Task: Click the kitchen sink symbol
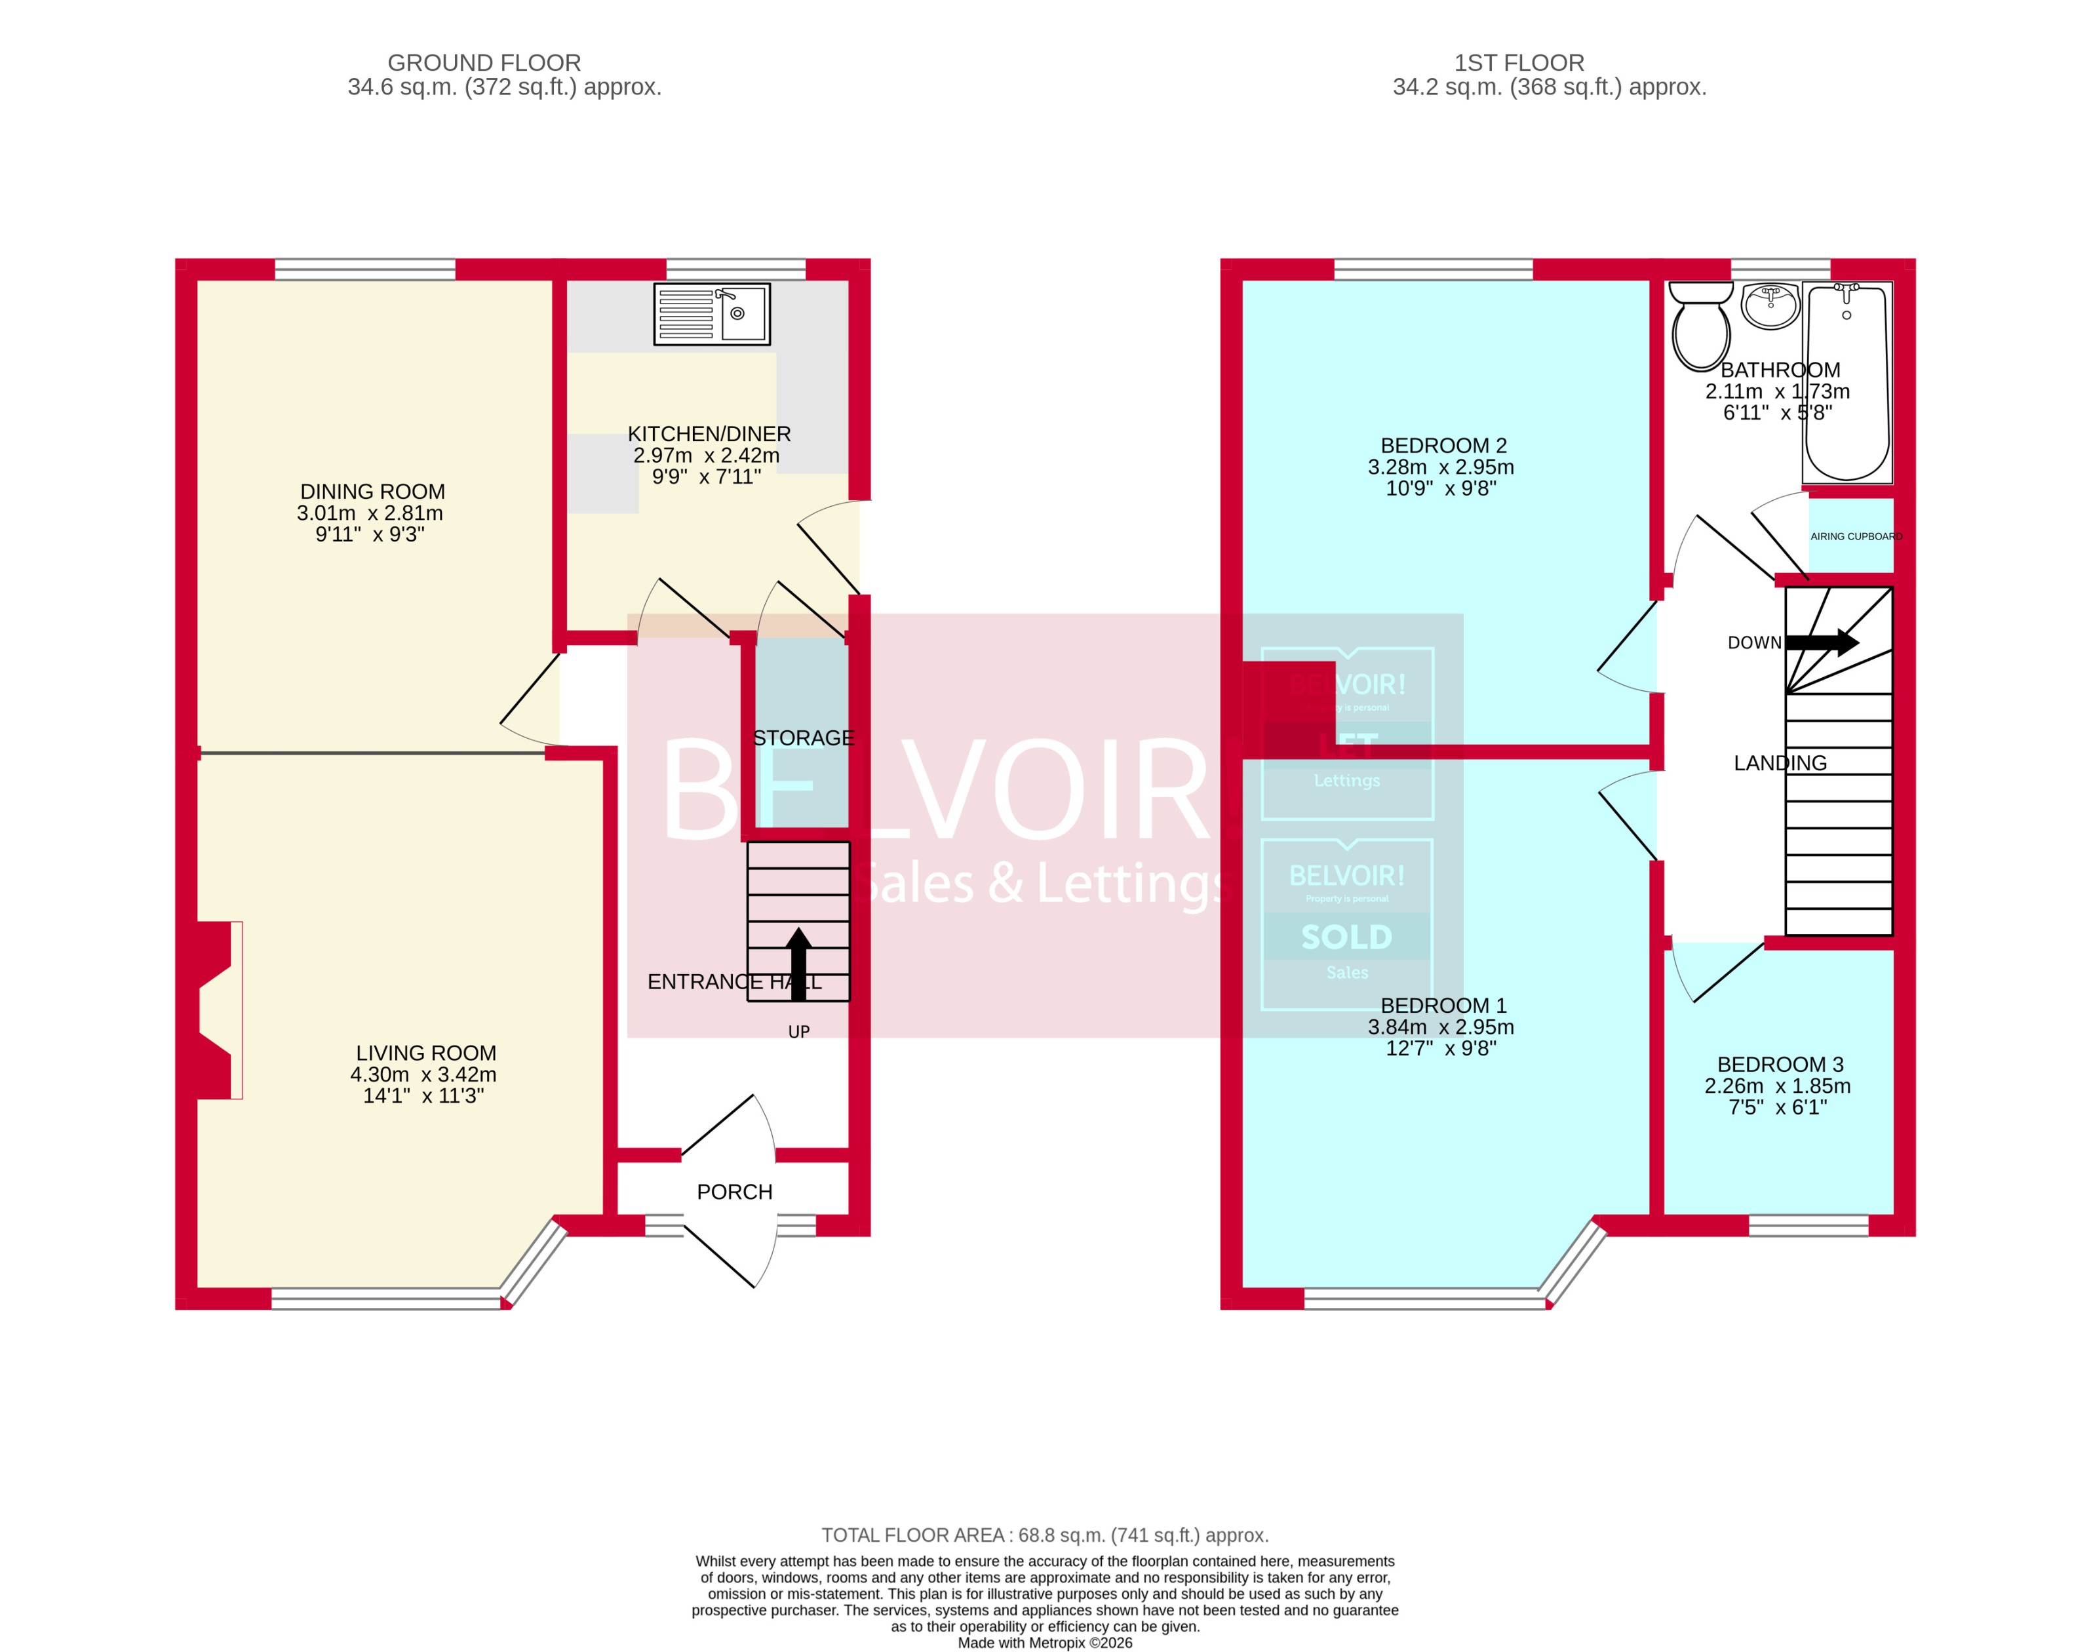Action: pos(712,313)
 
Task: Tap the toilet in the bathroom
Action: pos(1701,327)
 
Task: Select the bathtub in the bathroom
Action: pos(1847,383)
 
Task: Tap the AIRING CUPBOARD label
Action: pos(1855,536)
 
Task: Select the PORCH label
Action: pos(734,1192)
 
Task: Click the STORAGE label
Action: pos(803,738)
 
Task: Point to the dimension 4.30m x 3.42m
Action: pos(423,1074)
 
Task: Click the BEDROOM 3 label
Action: pos(1780,1064)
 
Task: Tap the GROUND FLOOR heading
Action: pos(484,63)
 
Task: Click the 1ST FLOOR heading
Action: pos(1519,63)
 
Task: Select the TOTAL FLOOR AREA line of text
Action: pos(1045,1535)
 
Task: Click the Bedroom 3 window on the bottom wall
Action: pos(1808,1225)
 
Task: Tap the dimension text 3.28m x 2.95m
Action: pos(1440,467)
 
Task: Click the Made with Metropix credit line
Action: pos(1045,1642)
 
